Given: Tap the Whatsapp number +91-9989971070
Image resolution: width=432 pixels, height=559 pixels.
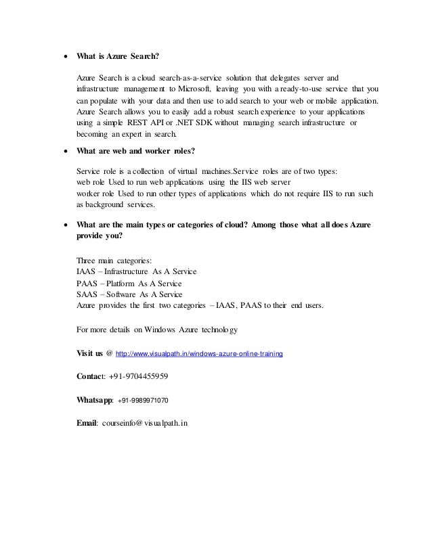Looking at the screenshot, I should pyautogui.click(x=143, y=400).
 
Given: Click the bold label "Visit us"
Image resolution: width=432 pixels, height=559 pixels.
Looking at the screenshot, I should pyautogui.click(x=90, y=353).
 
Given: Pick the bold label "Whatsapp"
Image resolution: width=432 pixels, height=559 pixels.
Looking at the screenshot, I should pyautogui.click(x=95, y=400).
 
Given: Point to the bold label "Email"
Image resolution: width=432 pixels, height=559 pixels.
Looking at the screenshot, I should pyautogui.click(x=87, y=423).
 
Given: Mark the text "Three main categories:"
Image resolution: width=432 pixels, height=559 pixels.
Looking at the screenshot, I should pyautogui.click(x=114, y=261).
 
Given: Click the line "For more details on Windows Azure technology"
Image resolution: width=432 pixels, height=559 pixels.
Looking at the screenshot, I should pyautogui.click(x=156, y=330).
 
